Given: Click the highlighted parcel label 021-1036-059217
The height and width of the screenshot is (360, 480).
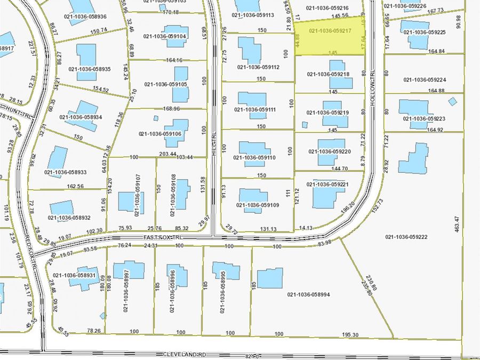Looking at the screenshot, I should [x=329, y=31].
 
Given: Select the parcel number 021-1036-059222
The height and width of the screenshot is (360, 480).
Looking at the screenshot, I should [x=409, y=237].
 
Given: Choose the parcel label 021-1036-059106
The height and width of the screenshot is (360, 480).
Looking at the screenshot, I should [x=160, y=134].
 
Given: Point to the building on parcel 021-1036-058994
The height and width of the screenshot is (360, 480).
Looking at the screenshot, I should [x=270, y=278].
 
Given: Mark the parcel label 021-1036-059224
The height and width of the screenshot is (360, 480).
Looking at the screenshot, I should [x=425, y=80].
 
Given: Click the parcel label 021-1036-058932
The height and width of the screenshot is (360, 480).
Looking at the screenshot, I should [x=69, y=217].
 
